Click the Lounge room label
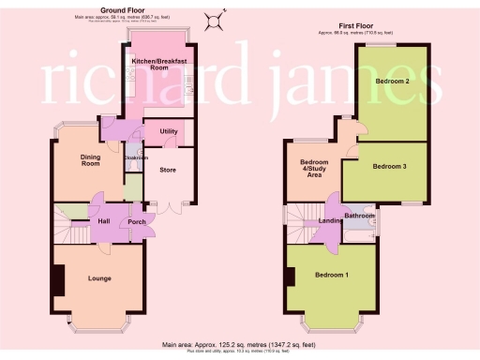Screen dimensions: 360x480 coord(100,277)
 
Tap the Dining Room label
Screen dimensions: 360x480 coord(91,160)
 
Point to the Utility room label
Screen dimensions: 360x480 coord(169,131)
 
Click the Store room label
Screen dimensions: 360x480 coord(168,170)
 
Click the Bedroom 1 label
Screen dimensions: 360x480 coord(332,275)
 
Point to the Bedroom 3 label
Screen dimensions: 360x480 coord(389,166)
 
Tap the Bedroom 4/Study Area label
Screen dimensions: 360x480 coord(313,169)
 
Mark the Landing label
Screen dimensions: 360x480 coord(330,221)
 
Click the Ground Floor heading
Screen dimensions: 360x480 coord(122,7)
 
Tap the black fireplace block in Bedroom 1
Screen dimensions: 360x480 coord(292,276)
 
